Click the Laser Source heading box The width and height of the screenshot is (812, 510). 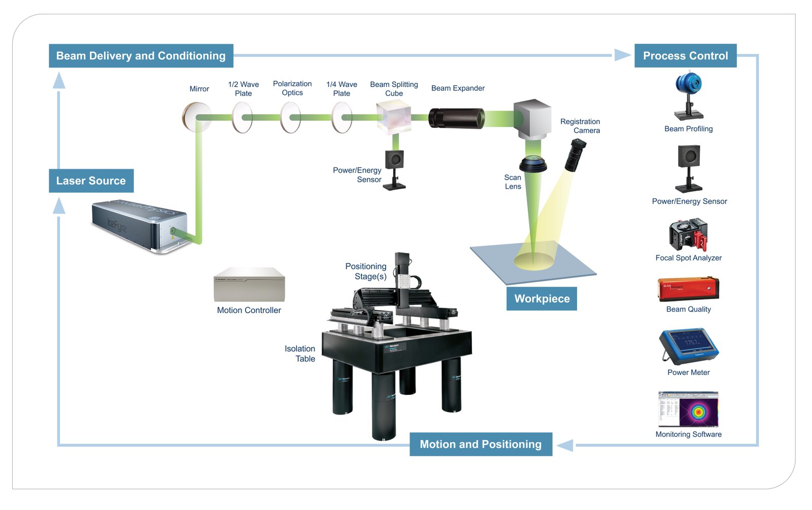(91, 181)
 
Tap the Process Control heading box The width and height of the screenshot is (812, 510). (685, 56)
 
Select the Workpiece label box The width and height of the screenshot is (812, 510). (542, 298)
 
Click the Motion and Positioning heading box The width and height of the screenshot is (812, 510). (481, 444)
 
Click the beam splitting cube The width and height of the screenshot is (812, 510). (393, 117)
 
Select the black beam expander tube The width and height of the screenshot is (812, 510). (456, 118)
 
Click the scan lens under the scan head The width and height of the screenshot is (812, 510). (533, 164)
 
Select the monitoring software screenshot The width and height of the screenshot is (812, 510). (688, 409)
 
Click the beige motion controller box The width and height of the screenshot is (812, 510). (249, 285)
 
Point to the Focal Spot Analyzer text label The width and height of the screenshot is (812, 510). (688, 258)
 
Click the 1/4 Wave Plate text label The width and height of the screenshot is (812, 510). (342, 89)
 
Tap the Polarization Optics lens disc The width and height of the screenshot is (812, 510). (290, 117)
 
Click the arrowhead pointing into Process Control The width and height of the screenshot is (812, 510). (622, 55)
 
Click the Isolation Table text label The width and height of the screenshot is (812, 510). (300, 354)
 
